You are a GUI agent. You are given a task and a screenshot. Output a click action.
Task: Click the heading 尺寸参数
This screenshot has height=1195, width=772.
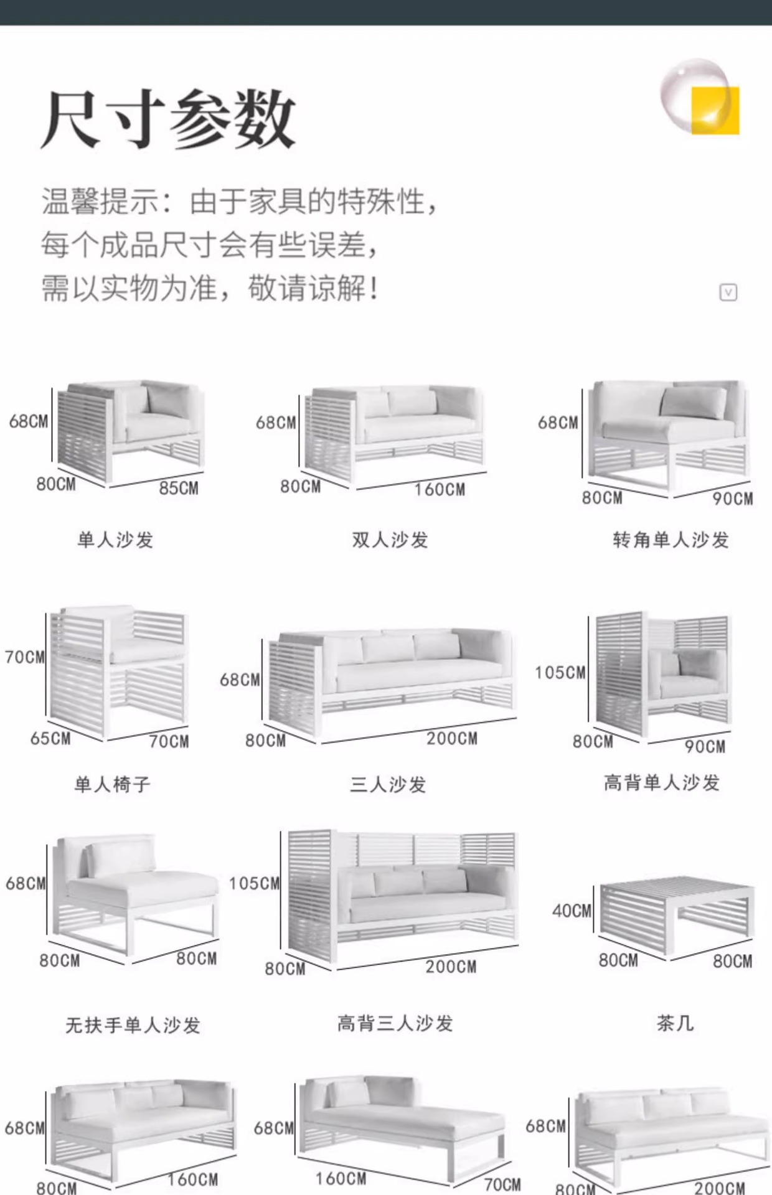click(x=168, y=119)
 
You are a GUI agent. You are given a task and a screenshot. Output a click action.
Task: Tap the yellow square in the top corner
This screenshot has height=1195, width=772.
click(x=716, y=111)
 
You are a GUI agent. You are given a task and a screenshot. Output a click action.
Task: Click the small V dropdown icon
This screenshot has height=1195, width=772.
click(x=728, y=293)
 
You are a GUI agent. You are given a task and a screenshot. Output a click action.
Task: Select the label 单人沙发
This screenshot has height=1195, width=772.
click(x=115, y=540)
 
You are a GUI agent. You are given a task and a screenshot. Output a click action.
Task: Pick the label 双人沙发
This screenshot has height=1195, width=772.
click(x=390, y=540)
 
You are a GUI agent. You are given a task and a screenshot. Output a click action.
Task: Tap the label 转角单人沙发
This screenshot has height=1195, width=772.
click(x=671, y=540)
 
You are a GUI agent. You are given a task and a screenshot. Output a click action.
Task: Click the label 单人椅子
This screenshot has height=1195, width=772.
click(x=113, y=784)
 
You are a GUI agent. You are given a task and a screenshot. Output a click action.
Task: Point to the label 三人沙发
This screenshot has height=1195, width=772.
click(x=388, y=784)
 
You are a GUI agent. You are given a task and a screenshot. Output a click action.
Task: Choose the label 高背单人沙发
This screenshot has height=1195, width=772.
click(x=661, y=782)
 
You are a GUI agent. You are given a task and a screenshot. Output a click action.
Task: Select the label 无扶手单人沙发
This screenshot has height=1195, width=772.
click(x=133, y=1025)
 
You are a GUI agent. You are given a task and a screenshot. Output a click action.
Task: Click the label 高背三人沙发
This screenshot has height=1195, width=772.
click(x=395, y=1023)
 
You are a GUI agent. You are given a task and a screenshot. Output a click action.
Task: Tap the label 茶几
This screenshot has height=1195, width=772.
click(x=675, y=1023)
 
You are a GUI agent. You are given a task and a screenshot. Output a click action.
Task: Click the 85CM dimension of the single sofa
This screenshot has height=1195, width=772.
click(x=179, y=488)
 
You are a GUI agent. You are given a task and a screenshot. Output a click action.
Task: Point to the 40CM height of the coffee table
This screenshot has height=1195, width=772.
click(x=572, y=911)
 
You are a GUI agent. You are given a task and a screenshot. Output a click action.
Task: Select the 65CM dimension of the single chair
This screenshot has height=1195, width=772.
click(x=50, y=738)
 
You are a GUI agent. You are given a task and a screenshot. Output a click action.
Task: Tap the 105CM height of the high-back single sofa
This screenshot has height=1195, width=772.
click(x=560, y=673)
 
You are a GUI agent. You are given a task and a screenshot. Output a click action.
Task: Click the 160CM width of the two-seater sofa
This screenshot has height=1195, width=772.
click(x=440, y=489)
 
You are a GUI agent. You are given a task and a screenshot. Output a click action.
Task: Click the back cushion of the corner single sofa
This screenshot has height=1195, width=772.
click(x=693, y=402)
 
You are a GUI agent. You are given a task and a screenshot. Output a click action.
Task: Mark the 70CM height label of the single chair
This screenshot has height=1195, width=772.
click(x=25, y=657)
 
